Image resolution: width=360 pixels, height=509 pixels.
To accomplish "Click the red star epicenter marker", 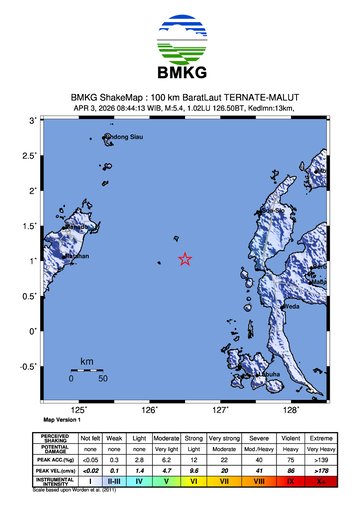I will (185, 259).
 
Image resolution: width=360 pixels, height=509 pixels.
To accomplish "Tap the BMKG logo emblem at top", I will (180, 39).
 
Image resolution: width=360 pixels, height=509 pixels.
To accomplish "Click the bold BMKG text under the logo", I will (180, 75).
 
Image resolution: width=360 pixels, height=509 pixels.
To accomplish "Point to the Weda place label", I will (293, 307).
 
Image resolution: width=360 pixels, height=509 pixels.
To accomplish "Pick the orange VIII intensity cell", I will (258, 481).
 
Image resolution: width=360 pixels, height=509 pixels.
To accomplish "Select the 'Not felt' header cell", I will (91, 439).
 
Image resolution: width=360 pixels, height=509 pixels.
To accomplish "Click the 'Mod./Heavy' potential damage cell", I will (258, 449).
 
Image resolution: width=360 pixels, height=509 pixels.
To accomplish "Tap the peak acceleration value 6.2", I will (167, 459).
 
